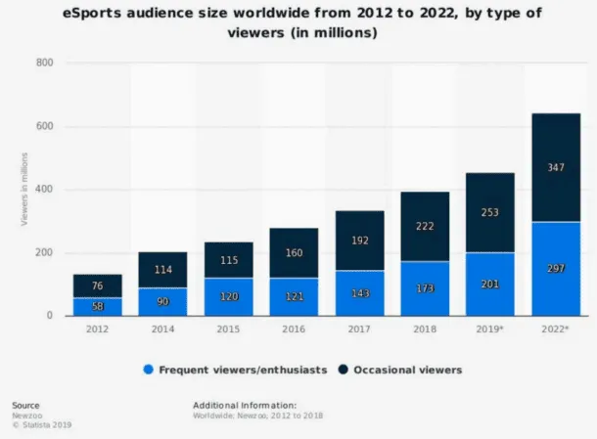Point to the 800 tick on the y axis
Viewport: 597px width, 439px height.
click(44, 64)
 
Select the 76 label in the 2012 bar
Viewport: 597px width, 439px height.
click(98, 285)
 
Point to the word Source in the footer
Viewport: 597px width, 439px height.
click(25, 403)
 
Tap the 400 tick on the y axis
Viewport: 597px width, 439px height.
click(44, 190)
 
